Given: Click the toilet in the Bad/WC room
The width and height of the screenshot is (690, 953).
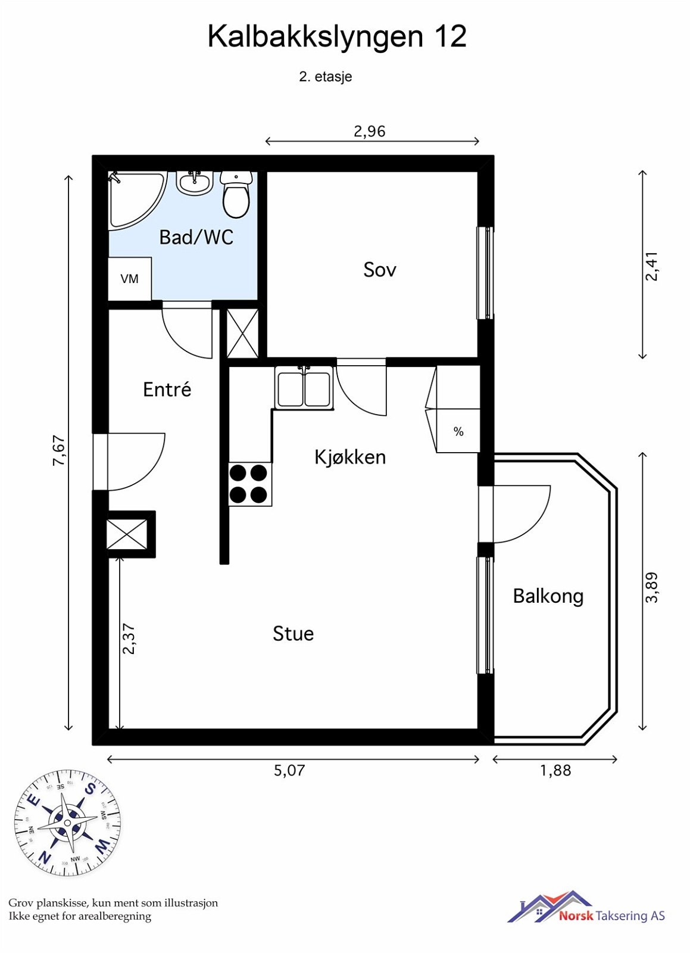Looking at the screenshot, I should pyautogui.click(x=236, y=195).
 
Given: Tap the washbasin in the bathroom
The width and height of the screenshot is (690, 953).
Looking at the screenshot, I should pyautogui.click(x=194, y=183).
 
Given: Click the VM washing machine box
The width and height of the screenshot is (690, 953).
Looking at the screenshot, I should pyautogui.click(x=129, y=279).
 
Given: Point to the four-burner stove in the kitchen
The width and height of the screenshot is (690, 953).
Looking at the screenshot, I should pyautogui.click(x=249, y=484).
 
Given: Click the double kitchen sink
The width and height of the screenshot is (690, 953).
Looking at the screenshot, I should pyautogui.click(x=304, y=388).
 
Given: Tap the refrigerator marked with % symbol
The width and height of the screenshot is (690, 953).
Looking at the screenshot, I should pyautogui.click(x=458, y=431).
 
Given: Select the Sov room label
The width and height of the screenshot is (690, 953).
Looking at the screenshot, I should pyautogui.click(x=379, y=270).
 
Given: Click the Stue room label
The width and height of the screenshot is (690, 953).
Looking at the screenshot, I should pyautogui.click(x=293, y=634).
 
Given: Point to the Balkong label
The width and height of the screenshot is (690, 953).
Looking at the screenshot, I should pyautogui.click(x=548, y=596).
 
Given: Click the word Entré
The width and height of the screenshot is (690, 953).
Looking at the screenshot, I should pyautogui.click(x=167, y=390).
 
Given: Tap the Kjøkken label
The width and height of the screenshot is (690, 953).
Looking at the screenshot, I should pyautogui.click(x=350, y=457).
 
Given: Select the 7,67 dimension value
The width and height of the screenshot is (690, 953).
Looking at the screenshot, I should pyautogui.click(x=58, y=450).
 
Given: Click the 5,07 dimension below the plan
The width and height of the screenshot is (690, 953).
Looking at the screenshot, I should pyautogui.click(x=289, y=771).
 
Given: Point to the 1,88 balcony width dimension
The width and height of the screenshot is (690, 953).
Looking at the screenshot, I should pyautogui.click(x=555, y=771).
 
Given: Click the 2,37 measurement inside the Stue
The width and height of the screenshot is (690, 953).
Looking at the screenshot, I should pyautogui.click(x=129, y=639).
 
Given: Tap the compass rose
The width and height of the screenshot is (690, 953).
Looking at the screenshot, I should pyautogui.click(x=67, y=823).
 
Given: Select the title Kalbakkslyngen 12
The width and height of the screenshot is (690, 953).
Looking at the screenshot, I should pyautogui.click(x=336, y=37).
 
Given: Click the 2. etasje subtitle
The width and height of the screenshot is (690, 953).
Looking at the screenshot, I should pyautogui.click(x=325, y=77).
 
